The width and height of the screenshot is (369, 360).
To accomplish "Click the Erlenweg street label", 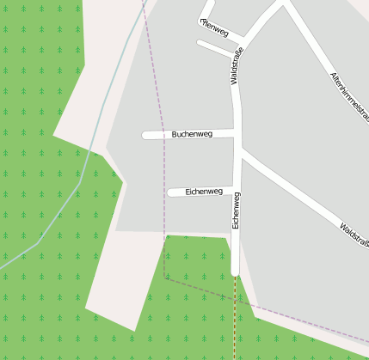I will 213,28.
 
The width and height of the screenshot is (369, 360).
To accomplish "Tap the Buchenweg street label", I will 192,134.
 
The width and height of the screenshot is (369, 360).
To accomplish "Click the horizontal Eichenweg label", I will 204,192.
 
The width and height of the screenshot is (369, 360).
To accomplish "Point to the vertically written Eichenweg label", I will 236,211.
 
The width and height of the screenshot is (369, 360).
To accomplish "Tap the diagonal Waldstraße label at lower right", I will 354,237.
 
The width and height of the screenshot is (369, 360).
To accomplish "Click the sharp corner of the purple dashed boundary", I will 165,277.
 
